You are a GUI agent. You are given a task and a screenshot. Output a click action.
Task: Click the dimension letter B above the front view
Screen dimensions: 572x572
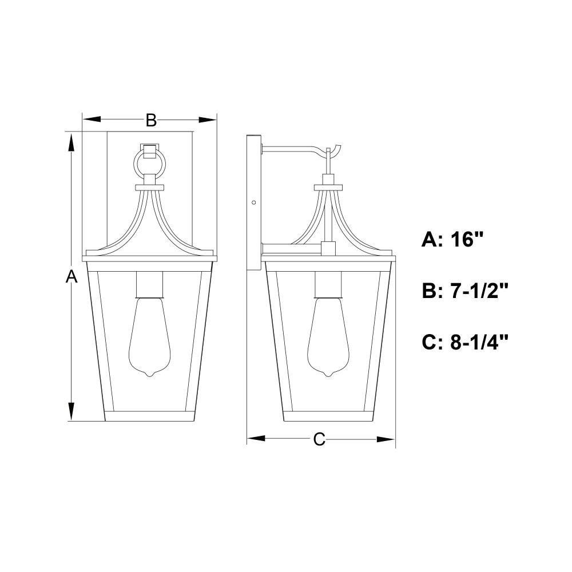click(151, 120)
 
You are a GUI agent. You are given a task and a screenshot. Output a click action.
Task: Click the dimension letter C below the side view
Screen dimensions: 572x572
click(319, 439)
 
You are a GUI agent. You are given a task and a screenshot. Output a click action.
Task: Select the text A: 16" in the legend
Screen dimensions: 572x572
click(452, 240)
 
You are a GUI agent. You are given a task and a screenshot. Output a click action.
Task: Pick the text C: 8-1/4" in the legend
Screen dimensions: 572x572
click(464, 342)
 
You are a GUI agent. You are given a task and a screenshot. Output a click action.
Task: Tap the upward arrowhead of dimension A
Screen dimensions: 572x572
click(71, 142)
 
